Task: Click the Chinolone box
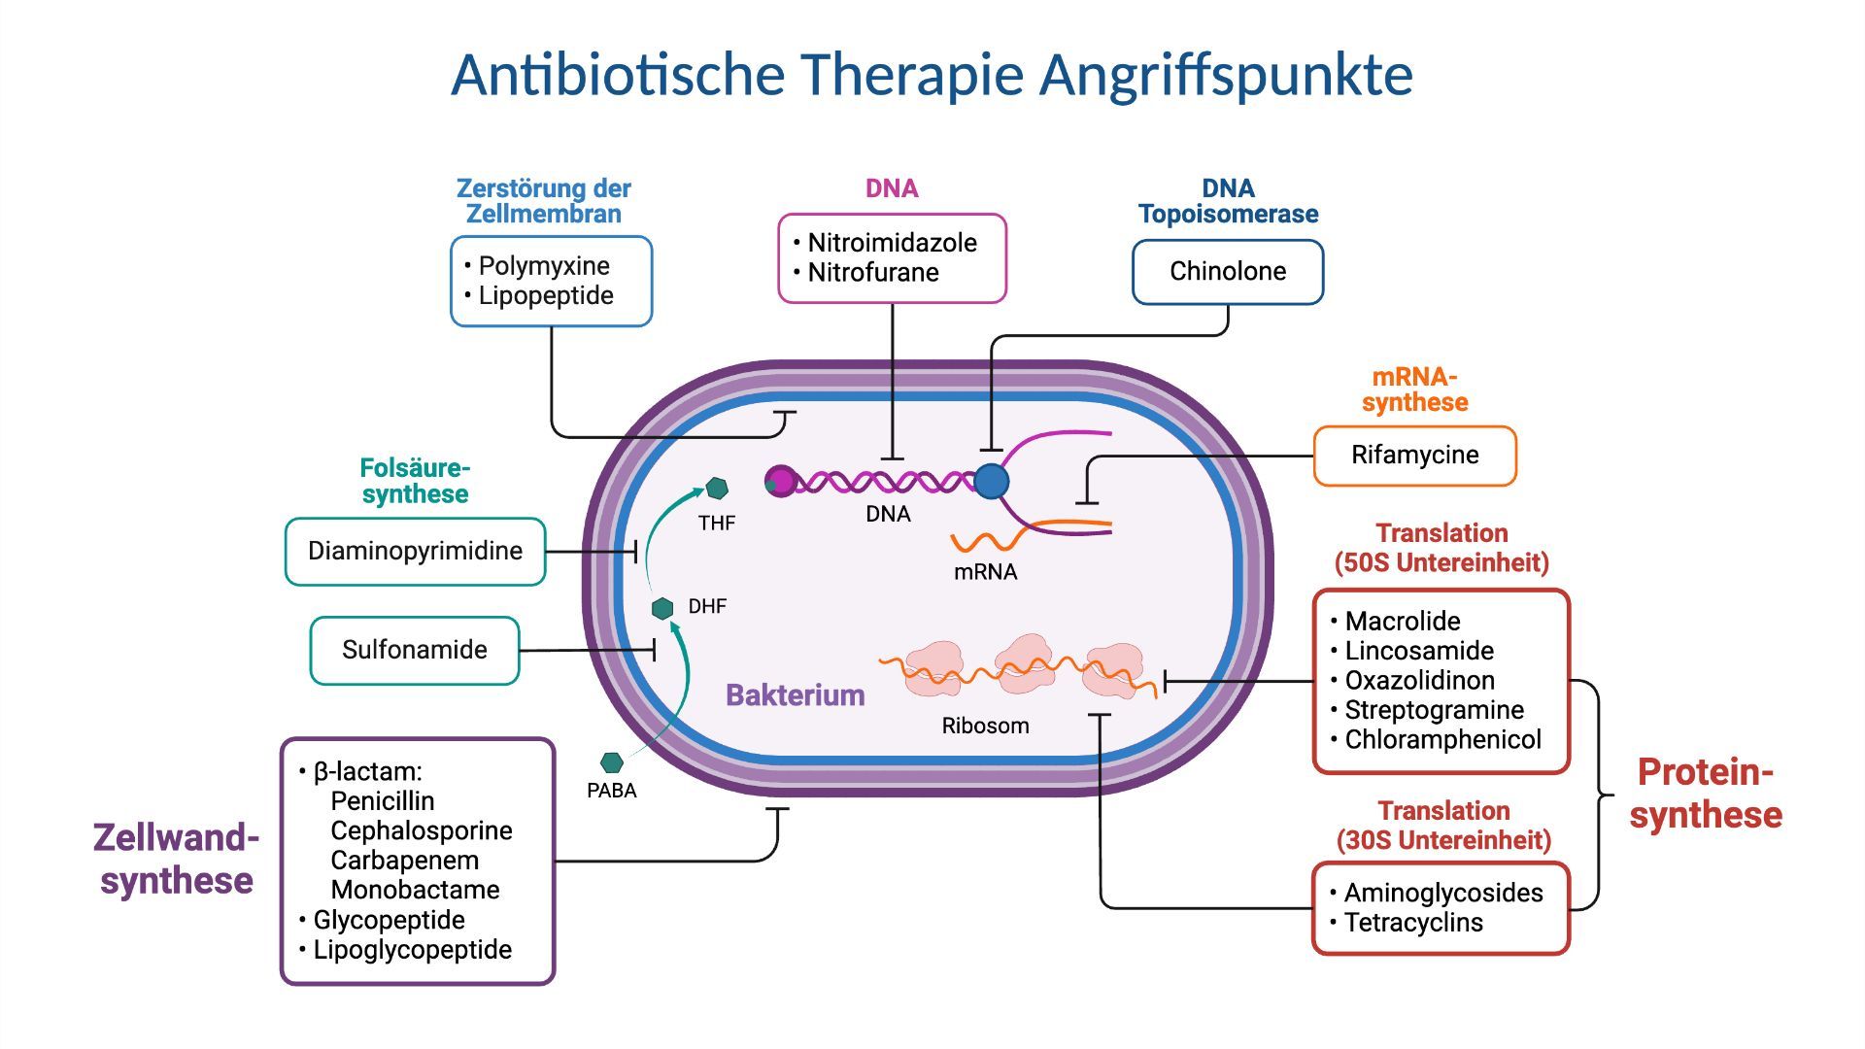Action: pyautogui.click(x=1227, y=272)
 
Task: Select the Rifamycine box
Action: pyautogui.click(x=1414, y=456)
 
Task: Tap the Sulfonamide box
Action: pyautogui.click(x=415, y=650)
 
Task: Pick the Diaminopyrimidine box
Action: pyautogui.click(x=415, y=551)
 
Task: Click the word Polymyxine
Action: pyautogui.click(x=544, y=266)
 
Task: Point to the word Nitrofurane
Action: pyautogui.click(x=873, y=273)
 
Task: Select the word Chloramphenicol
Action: pyautogui.click(x=1442, y=740)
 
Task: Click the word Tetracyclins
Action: pyautogui.click(x=1413, y=923)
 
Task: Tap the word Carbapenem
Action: pyautogui.click(x=404, y=861)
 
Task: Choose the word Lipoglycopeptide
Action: pyautogui.click(x=412, y=950)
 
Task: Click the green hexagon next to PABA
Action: pyautogui.click(x=612, y=762)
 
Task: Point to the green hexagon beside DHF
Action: pyautogui.click(x=662, y=608)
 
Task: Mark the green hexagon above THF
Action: pyautogui.click(x=717, y=488)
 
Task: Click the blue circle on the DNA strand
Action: pyautogui.click(x=991, y=481)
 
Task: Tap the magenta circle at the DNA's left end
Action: pyautogui.click(x=780, y=481)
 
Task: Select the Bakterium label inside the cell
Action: pyautogui.click(x=795, y=695)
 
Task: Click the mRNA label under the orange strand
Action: pyautogui.click(x=985, y=572)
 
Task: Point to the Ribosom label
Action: pyautogui.click(x=985, y=726)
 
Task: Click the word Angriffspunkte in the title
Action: pyautogui.click(x=1226, y=75)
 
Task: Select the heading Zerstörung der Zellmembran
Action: pyautogui.click(x=544, y=201)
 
